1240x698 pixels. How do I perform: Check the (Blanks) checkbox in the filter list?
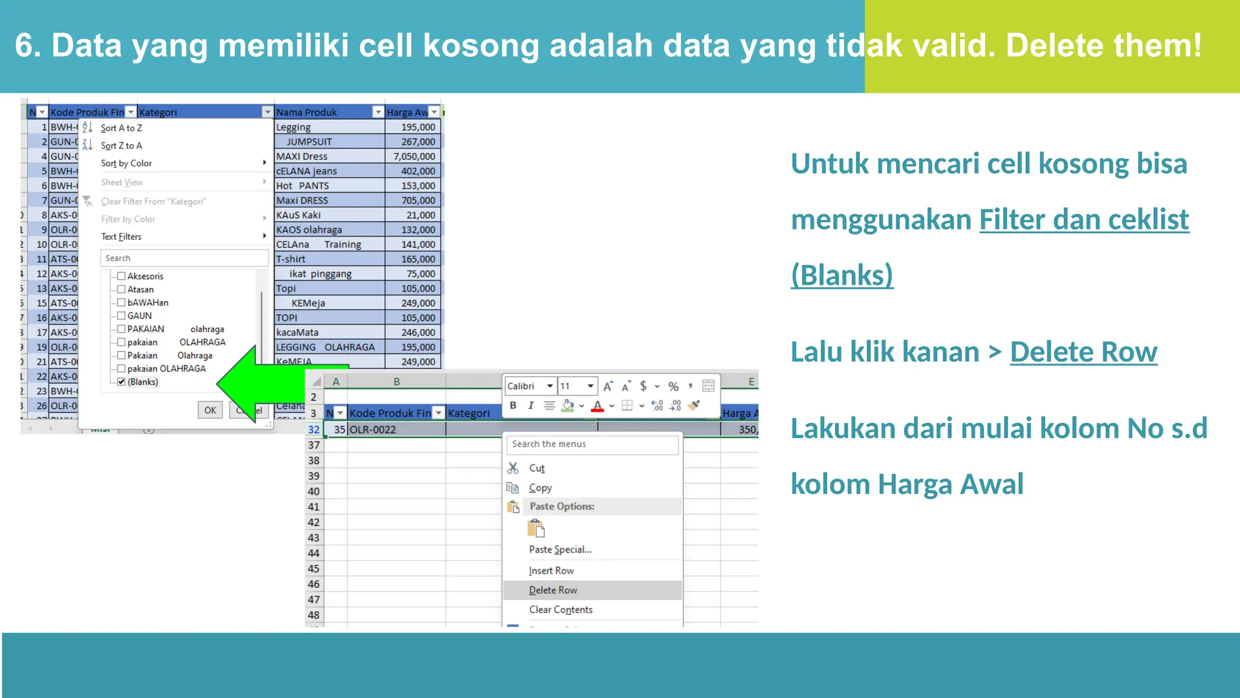point(122,382)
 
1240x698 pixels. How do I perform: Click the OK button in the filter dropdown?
point(210,410)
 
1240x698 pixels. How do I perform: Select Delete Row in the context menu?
point(553,590)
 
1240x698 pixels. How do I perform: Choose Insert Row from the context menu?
point(551,571)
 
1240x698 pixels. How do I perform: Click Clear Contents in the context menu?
point(561,610)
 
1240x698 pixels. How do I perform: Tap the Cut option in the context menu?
point(536,468)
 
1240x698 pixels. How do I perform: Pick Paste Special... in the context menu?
point(560,550)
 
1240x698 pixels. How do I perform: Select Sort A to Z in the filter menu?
point(122,128)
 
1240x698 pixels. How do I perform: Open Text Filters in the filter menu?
point(122,236)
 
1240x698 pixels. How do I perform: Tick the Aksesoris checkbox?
point(122,276)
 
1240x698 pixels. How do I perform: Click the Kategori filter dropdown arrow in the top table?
point(267,112)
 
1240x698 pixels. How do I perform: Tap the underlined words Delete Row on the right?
point(1083,352)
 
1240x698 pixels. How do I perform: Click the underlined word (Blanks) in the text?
point(842,275)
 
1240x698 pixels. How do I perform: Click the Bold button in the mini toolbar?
point(513,405)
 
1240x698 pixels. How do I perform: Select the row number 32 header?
point(314,430)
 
